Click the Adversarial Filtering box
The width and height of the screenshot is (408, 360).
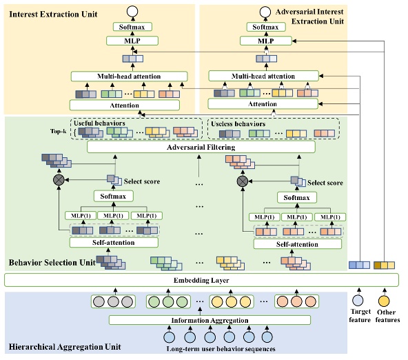(201, 147)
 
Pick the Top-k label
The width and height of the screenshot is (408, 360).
(59, 130)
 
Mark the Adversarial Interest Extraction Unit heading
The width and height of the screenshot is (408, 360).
(309, 15)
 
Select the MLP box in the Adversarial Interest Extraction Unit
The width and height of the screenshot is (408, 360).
(264, 41)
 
